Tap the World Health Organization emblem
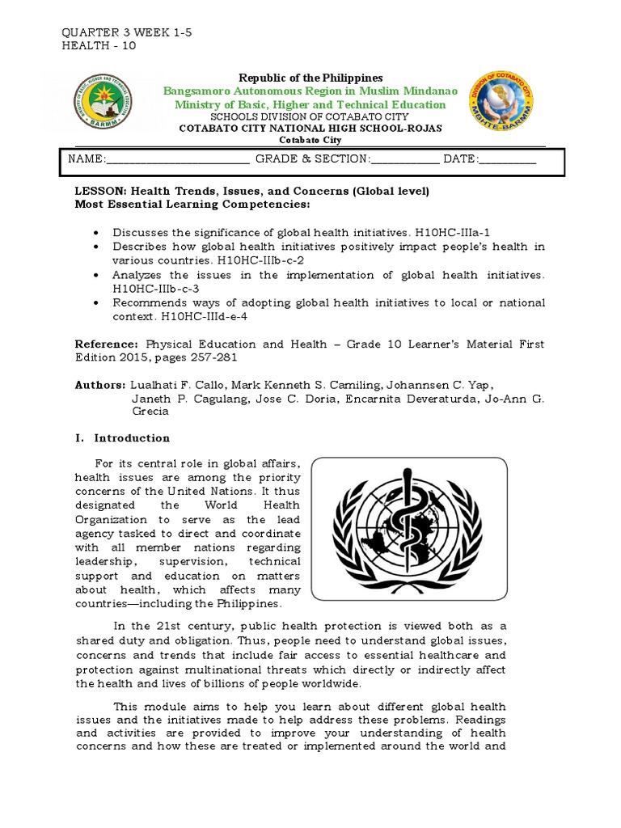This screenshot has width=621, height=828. (x=409, y=529)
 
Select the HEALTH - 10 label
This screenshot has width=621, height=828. (x=99, y=45)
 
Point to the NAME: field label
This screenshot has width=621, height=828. (x=87, y=159)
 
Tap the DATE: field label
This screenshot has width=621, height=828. (x=461, y=159)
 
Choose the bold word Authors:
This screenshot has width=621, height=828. (x=100, y=385)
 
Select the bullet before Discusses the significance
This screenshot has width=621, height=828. (x=97, y=232)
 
